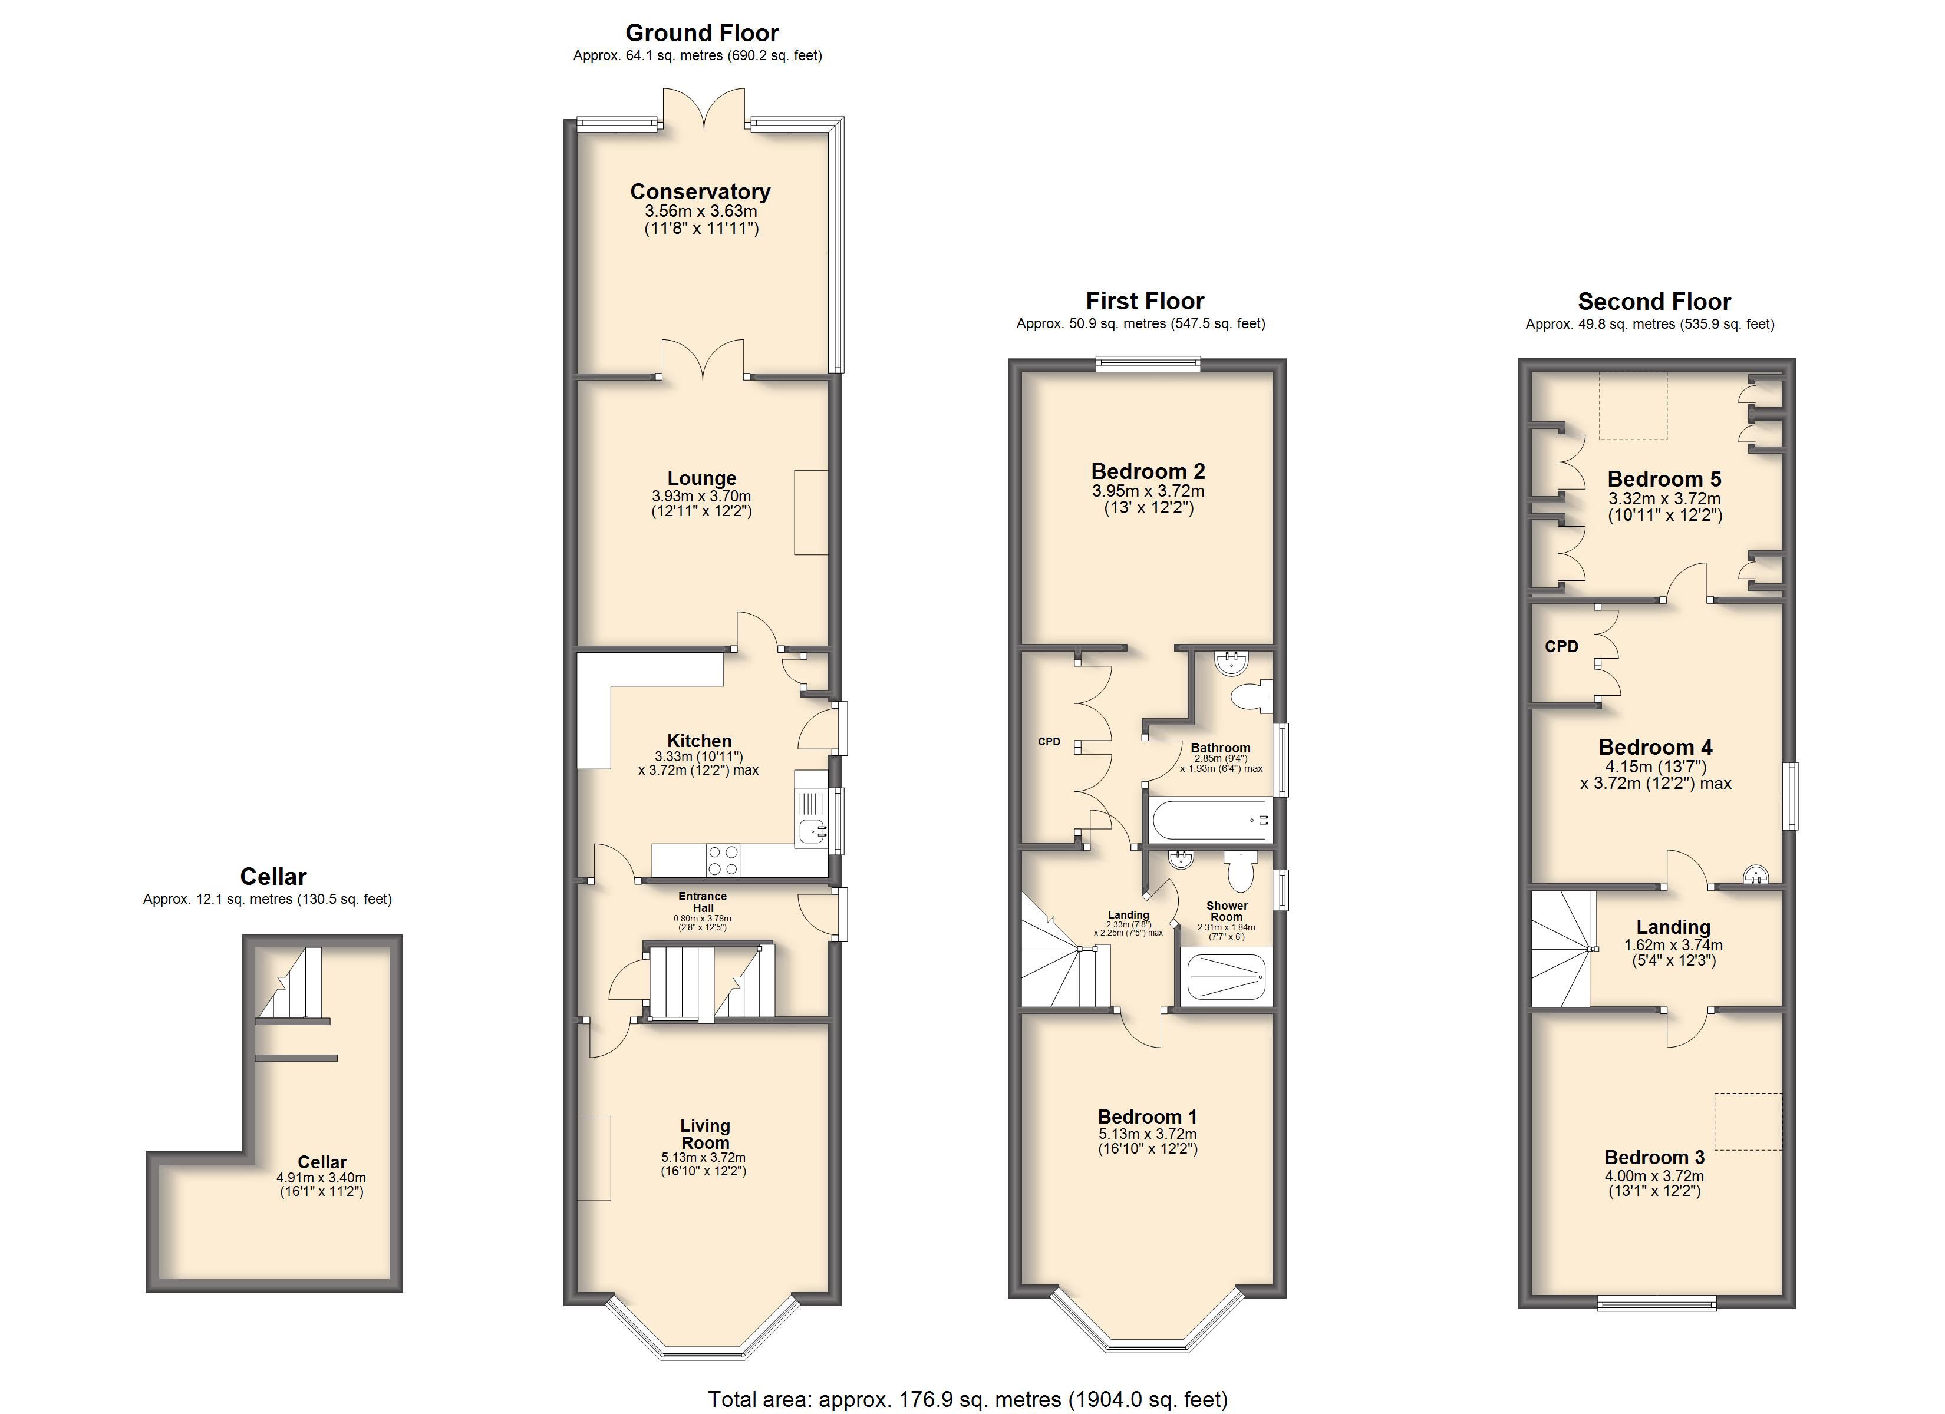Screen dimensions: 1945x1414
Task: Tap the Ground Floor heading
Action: (701, 32)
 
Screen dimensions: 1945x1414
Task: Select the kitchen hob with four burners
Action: (723, 860)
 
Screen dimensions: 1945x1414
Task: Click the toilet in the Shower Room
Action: (1240, 870)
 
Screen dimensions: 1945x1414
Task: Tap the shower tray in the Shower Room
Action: (1225, 977)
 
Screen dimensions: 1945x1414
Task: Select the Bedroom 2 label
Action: (1148, 471)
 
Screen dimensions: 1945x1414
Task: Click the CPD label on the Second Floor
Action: (1561, 646)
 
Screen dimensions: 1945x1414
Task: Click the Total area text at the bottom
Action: (967, 1399)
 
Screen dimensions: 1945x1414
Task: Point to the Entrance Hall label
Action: (703, 901)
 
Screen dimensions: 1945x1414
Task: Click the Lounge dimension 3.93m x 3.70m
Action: (701, 495)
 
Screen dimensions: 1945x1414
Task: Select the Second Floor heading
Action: (1654, 301)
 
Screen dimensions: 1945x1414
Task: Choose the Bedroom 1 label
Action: (1148, 1116)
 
